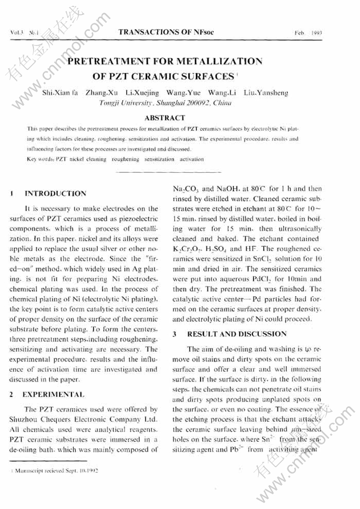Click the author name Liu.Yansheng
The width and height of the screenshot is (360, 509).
pyautogui.click(x=266, y=93)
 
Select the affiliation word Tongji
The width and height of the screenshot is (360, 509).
pyautogui.click(x=110, y=103)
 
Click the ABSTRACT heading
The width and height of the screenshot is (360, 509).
pyautogui.click(x=165, y=118)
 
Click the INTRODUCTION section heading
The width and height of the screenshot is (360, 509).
pyautogui.click(x=55, y=194)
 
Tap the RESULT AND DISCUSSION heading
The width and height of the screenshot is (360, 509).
pyautogui.click(x=236, y=334)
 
